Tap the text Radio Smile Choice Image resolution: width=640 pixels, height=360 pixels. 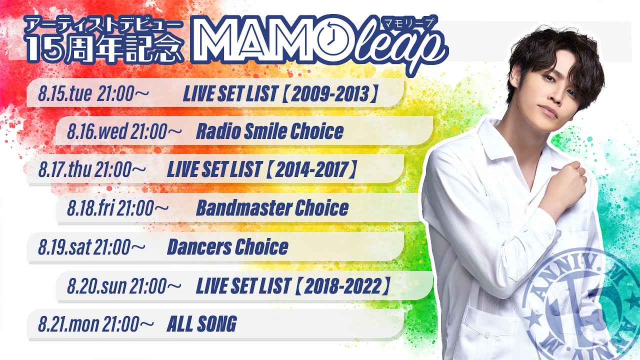coord(269,131)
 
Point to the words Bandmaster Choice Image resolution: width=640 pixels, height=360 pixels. coord(272,207)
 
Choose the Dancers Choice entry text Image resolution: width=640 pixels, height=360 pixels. coord(227,247)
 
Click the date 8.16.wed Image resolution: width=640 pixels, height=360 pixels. coord(97,131)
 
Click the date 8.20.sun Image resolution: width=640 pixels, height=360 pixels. coord(96,286)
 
